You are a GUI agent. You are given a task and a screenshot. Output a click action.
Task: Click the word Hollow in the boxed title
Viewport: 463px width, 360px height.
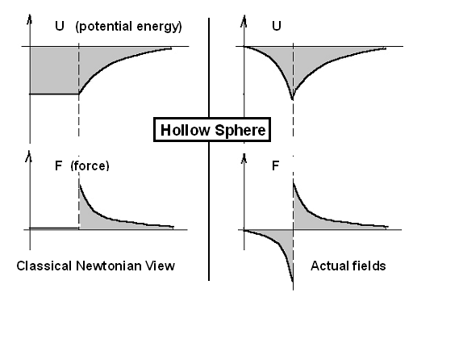point(186,130)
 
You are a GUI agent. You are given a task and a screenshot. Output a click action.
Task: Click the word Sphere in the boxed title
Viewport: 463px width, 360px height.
point(240,131)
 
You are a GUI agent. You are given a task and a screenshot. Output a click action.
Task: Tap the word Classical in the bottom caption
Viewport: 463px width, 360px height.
point(44,266)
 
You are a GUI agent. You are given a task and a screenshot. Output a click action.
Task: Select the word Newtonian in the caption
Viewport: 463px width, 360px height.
point(108,266)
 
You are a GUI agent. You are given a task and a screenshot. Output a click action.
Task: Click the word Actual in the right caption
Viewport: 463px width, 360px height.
point(328,266)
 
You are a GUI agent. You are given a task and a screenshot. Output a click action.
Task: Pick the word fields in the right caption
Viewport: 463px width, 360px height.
point(368,266)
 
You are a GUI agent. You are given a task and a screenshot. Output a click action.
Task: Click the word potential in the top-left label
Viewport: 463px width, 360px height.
point(103,27)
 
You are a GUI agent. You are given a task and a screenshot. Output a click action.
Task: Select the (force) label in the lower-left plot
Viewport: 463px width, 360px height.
point(90,165)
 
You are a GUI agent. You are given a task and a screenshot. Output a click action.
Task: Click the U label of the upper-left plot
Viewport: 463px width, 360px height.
point(60,26)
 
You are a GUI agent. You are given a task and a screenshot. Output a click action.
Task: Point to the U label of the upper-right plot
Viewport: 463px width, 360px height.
point(277,26)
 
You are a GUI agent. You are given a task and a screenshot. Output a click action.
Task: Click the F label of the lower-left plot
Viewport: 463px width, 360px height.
point(58,165)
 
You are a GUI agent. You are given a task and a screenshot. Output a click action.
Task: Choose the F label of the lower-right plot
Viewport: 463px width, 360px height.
point(275,165)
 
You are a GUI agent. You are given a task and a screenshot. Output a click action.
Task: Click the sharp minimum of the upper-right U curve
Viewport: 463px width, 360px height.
point(292,99)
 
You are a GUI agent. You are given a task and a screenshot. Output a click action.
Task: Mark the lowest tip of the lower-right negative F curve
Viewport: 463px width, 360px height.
point(293,281)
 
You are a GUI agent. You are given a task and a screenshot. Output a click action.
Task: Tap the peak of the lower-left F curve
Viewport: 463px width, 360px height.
point(79,184)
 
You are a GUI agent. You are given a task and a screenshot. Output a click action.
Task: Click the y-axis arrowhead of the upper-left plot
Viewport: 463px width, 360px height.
point(29,19)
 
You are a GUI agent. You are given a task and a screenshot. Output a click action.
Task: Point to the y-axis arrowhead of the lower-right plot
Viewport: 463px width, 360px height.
point(244,159)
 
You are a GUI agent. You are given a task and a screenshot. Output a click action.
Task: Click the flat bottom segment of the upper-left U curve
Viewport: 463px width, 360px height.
point(54,94)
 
